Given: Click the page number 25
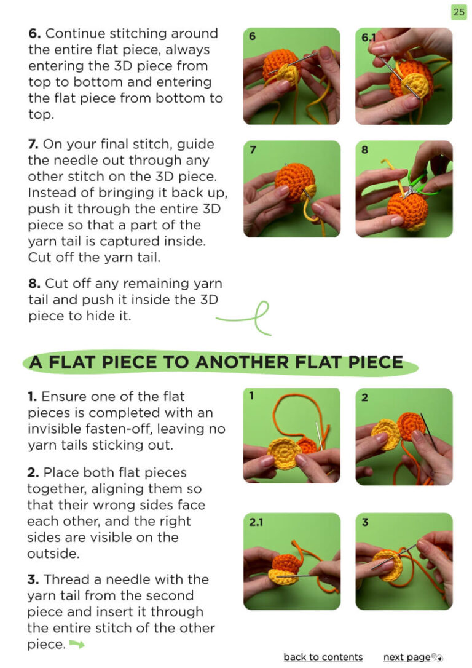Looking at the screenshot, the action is tap(459, 12).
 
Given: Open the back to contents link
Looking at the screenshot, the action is tap(323, 657).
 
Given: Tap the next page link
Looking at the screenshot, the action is tap(407, 658).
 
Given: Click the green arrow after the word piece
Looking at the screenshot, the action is tap(77, 644).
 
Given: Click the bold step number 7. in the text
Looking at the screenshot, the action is tap(33, 144).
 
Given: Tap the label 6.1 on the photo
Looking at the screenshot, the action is tap(369, 38).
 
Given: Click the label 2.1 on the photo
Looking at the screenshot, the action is tap(256, 522).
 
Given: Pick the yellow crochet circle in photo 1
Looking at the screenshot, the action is tap(284, 453).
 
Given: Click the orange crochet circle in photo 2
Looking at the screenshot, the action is tap(411, 426).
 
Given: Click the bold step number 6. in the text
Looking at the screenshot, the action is tap(34, 33).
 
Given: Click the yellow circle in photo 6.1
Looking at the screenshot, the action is tap(414, 85).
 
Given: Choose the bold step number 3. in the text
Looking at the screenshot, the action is tap(33, 579).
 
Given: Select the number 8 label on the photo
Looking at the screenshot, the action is tap(364, 150).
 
